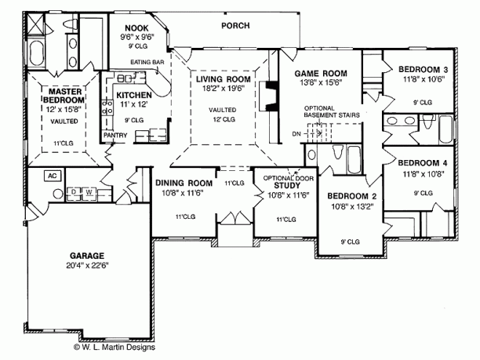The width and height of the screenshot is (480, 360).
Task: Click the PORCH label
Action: click(235, 26)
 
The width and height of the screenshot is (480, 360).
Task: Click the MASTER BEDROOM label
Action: click(61, 95)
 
